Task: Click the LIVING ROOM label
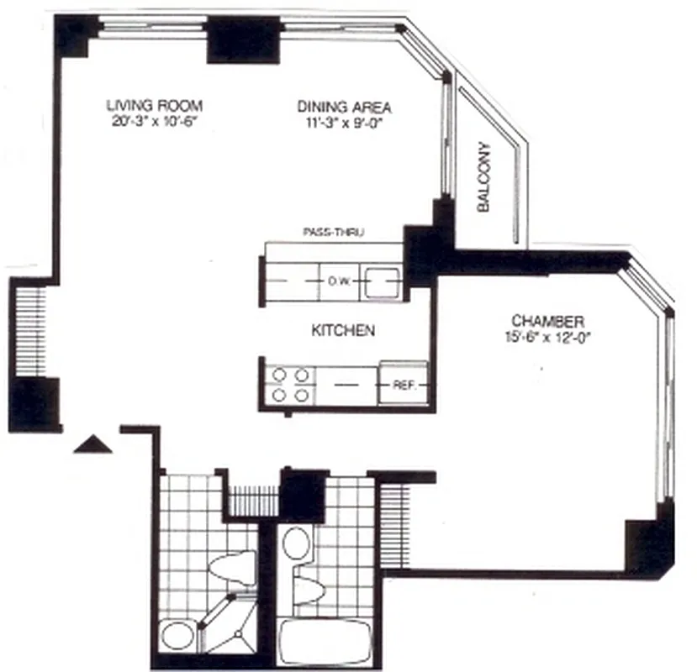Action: pos(155,106)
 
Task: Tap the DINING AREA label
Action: pos(345,107)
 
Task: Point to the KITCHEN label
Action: pos(343,331)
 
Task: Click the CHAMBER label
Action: pos(547,321)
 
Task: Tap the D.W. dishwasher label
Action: pos(339,281)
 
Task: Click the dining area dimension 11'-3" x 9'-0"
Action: pos(345,122)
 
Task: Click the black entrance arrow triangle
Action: pos(92,444)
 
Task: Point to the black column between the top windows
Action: pos(242,39)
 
